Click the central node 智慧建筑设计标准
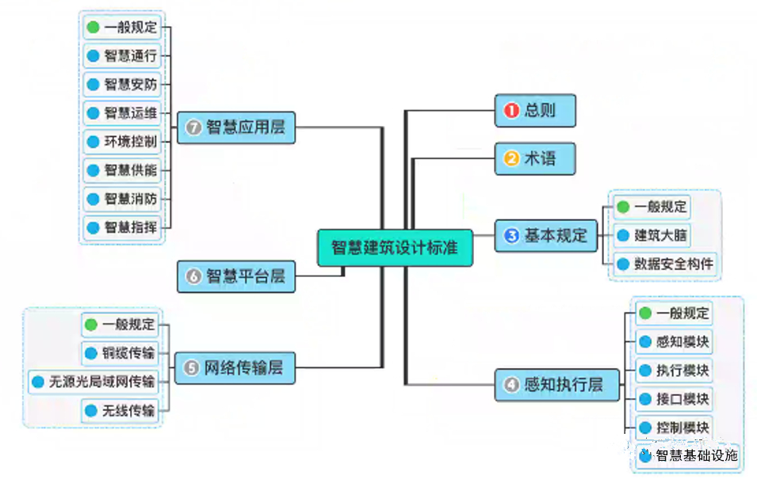[x=395, y=247]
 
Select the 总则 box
[x=535, y=111]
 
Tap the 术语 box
[x=535, y=158]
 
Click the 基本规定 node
[x=546, y=236]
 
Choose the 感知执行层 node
[x=552, y=385]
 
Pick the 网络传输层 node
[x=235, y=368]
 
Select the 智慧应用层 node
[x=236, y=127]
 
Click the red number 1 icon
[x=511, y=111]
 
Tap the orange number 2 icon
[x=511, y=158]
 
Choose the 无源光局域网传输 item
[x=94, y=382]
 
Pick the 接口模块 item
[x=675, y=398]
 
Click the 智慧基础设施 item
[x=689, y=455]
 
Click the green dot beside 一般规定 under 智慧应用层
[x=93, y=27]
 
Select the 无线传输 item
[x=120, y=410]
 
